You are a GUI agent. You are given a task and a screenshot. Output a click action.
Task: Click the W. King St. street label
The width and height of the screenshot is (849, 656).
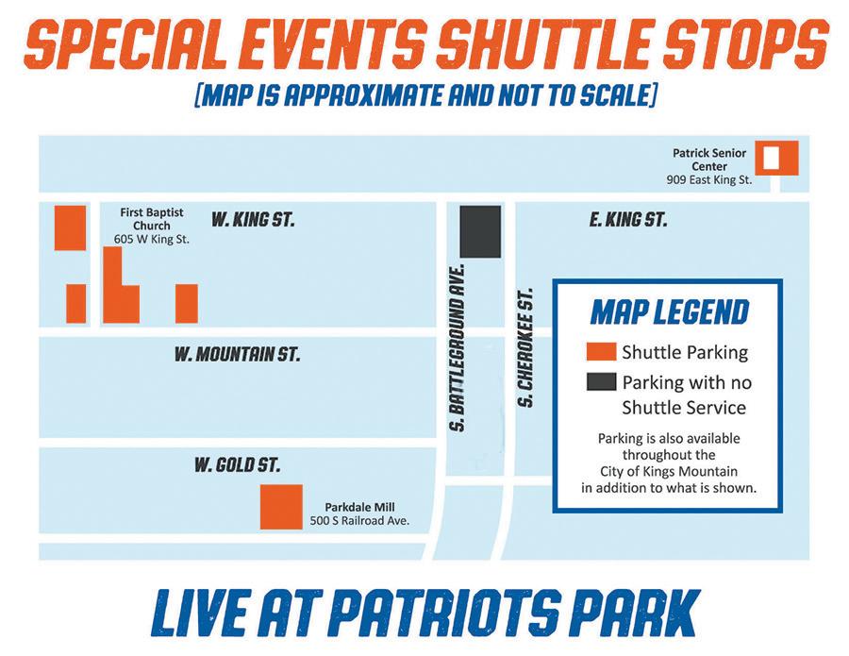(253, 219)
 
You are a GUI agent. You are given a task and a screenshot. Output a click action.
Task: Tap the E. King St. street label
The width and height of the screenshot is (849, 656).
(628, 219)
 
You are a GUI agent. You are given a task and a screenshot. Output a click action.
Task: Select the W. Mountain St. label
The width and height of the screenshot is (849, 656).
(237, 354)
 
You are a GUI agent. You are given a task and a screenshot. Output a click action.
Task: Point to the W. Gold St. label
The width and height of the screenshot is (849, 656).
(237, 464)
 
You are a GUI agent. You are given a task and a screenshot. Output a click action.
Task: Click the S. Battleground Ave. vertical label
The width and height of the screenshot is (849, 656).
(458, 347)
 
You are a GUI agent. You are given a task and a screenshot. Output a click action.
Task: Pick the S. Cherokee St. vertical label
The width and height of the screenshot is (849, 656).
(525, 347)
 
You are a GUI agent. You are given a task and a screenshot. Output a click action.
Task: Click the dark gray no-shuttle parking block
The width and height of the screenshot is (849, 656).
(480, 232)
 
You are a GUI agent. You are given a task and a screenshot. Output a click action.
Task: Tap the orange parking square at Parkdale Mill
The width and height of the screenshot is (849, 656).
(281, 507)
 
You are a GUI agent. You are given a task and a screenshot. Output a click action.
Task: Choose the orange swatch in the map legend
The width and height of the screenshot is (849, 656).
(601, 351)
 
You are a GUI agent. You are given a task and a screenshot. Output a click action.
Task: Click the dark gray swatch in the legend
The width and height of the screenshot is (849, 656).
(601, 381)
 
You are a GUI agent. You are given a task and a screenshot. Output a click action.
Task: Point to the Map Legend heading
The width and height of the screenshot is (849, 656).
(670, 312)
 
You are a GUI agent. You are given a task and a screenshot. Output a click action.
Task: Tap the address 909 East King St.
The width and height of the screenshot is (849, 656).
(709, 180)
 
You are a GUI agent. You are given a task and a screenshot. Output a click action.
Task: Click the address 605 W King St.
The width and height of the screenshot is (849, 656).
(152, 239)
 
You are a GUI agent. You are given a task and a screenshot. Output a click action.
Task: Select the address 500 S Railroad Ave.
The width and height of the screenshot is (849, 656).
(359, 521)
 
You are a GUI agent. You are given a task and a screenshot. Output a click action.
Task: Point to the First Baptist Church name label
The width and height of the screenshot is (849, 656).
(152, 219)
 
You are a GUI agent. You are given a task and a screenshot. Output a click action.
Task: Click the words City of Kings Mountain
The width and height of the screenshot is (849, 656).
(669, 471)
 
